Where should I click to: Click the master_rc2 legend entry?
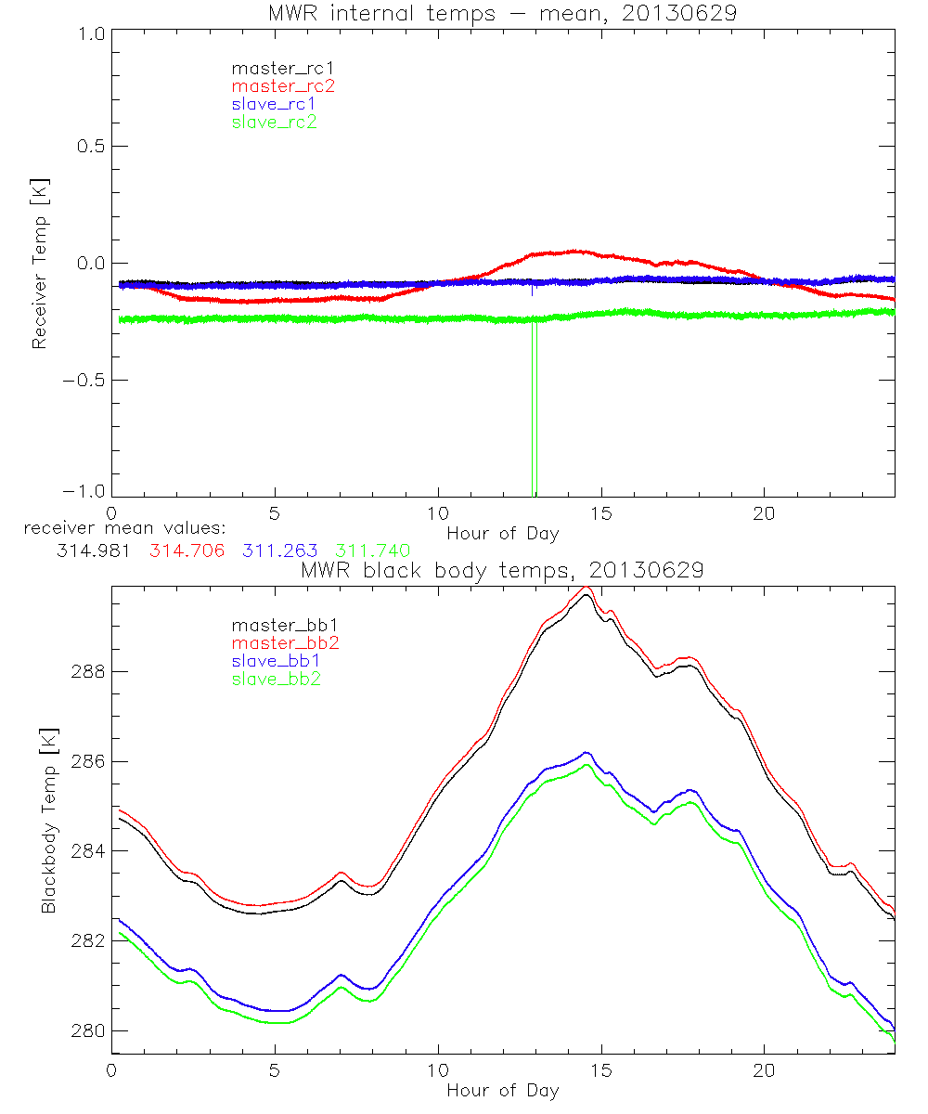pos(283,85)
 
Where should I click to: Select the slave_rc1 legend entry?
pos(274,103)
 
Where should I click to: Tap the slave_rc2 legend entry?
pos(274,121)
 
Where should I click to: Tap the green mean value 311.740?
pos(372,551)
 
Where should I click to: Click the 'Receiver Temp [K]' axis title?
pos(39,264)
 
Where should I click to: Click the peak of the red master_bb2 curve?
pos(586,588)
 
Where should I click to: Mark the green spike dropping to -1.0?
pos(535,418)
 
